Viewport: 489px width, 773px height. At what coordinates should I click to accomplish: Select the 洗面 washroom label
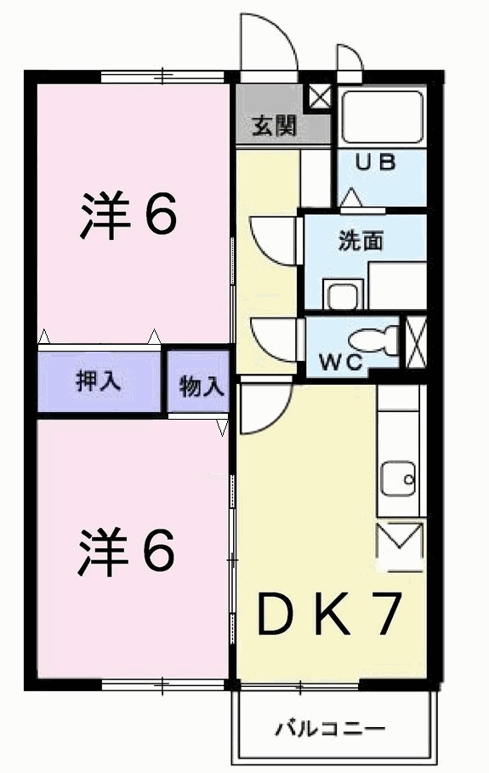point(361,241)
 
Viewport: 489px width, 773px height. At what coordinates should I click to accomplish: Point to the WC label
point(341,361)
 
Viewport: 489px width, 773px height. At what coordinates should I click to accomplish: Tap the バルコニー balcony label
point(331,730)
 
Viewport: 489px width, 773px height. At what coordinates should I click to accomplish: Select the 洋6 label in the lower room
point(128,551)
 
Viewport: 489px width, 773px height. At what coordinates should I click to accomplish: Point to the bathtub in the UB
point(382,117)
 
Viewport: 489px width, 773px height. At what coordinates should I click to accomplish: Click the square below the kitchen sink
point(399,546)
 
